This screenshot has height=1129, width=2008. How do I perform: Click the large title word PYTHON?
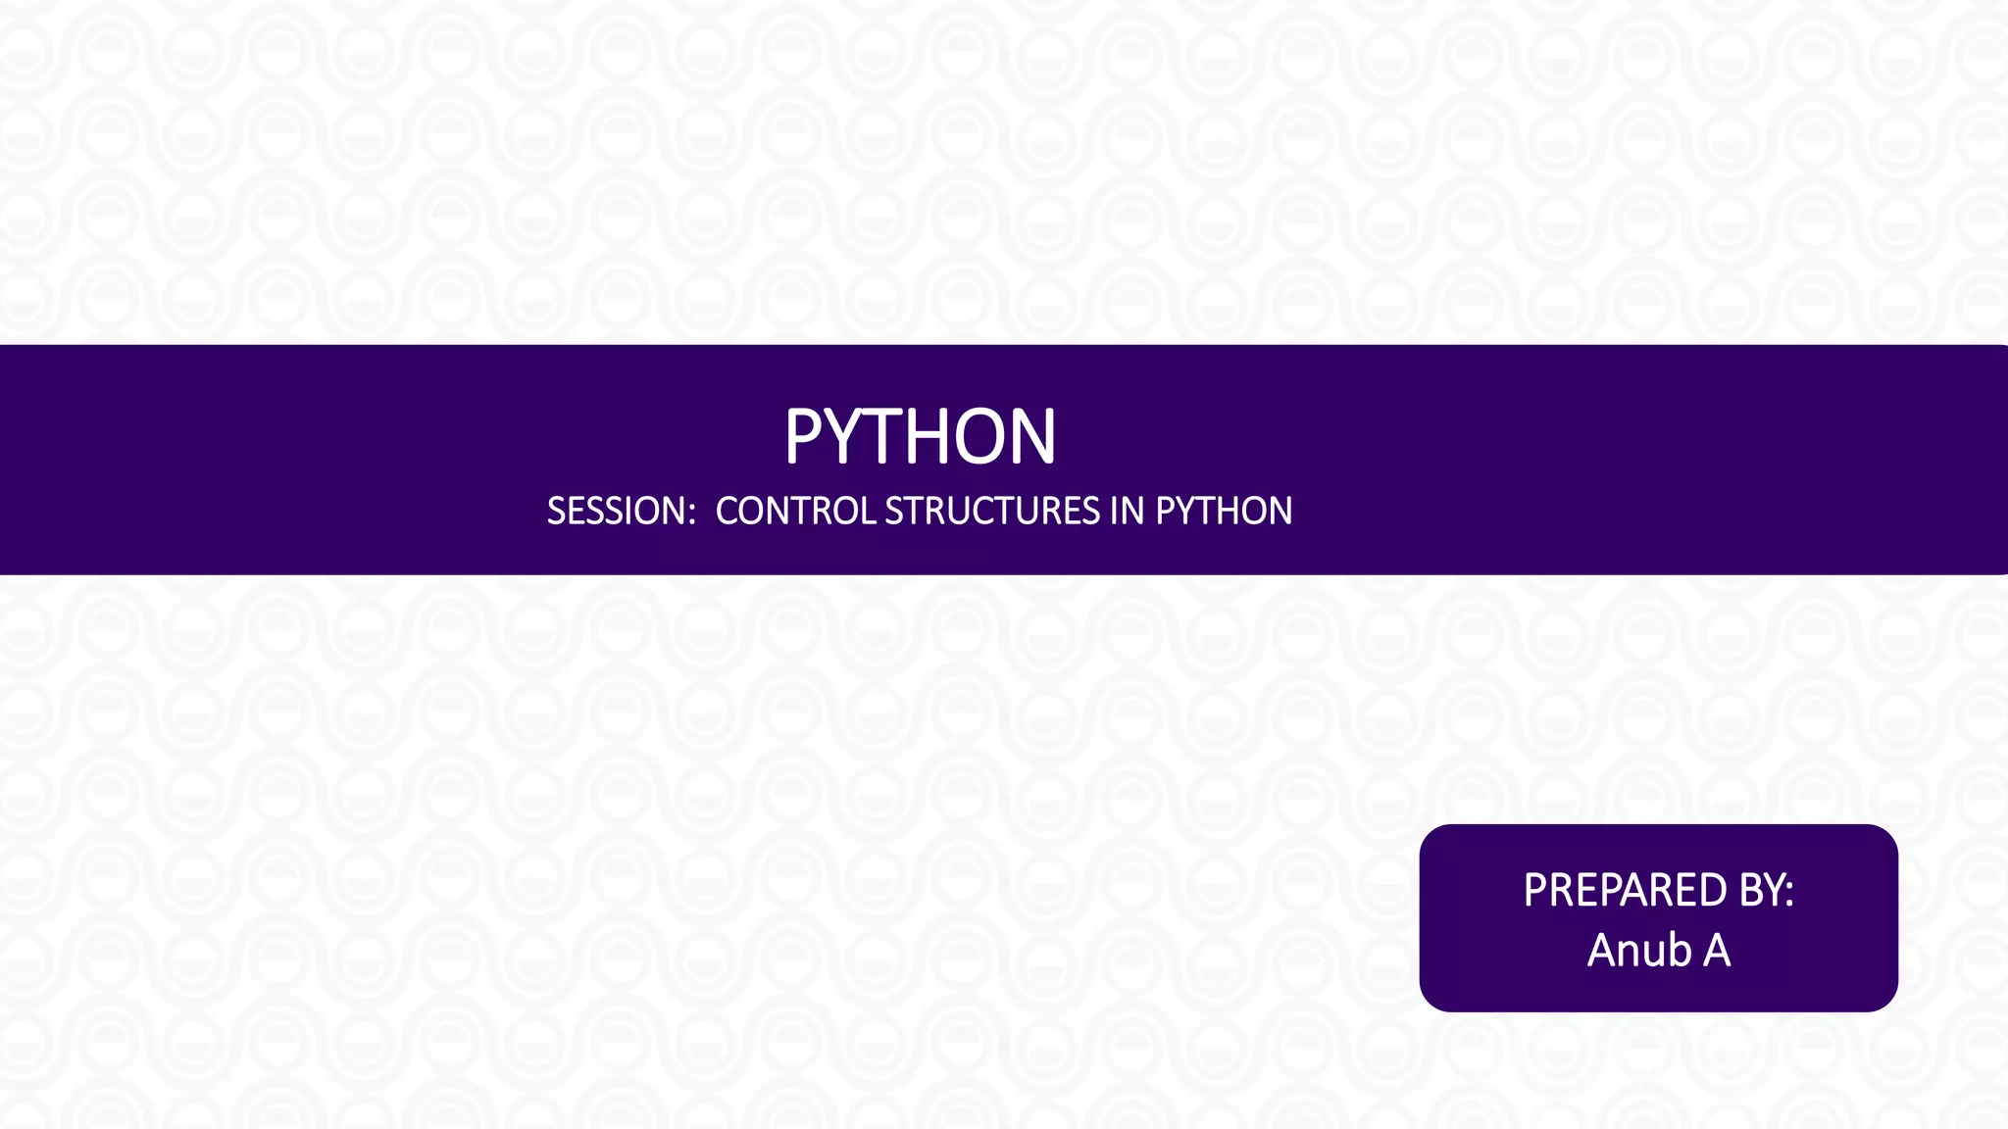click(x=920, y=436)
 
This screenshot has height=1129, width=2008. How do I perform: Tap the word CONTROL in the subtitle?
click(x=795, y=512)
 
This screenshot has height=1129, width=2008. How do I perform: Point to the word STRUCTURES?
click(x=992, y=512)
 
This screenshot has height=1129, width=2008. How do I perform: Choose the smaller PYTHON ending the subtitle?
click(x=1224, y=512)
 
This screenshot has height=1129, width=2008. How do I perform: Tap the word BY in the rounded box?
click(x=1761, y=890)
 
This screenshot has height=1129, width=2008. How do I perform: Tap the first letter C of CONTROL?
click(x=727, y=512)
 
